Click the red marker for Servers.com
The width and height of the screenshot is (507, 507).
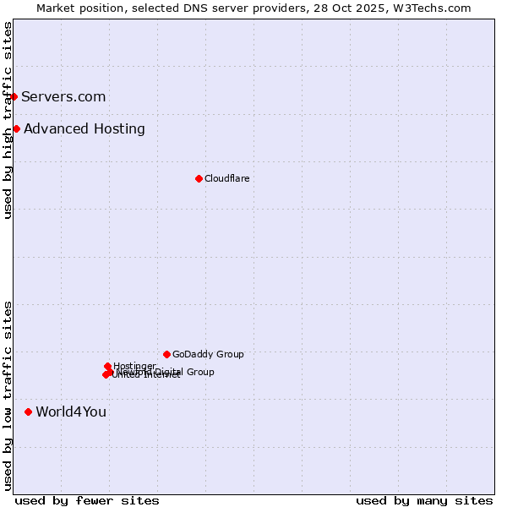[x=14, y=96]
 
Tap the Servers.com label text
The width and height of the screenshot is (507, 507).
[x=63, y=96]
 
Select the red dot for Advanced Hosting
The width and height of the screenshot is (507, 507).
[x=17, y=128]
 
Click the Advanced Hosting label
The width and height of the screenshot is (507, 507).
[x=84, y=128]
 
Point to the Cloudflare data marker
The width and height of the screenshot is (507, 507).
[x=199, y=178]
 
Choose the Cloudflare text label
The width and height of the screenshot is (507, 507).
[x=227, y=178]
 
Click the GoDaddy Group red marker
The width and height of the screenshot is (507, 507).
[x=166, y=354]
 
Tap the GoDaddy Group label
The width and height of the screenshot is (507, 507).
[x=208, y=354]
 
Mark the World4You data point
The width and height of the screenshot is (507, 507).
[x=29, y=412]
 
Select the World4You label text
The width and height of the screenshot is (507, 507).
[x=71, y=412]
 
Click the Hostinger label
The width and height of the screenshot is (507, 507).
[x=134, y=366]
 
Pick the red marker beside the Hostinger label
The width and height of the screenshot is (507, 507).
[x=108, y=366]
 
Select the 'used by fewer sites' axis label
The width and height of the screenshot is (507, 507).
[x=87, y=500]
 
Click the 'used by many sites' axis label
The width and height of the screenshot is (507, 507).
[x=424, y=500]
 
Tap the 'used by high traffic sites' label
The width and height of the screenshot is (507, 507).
[x=8, y=120]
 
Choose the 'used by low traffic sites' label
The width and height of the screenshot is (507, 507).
[x=8, y=395]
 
